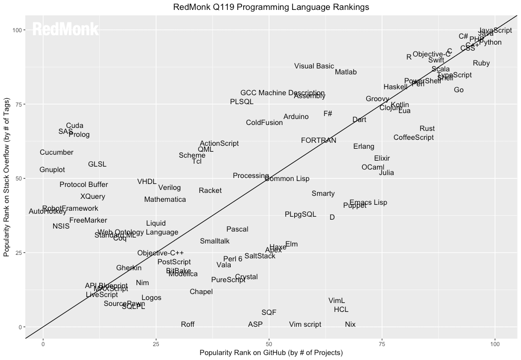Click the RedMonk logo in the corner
(65, 29)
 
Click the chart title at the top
(271, 7)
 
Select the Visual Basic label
(314, 66)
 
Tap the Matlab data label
(346, 72)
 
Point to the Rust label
(427, 128)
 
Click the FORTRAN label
(319, 140)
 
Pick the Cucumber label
(57, 152)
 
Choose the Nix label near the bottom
(350, 324)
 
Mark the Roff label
(188, 324)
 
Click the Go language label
(458, 90)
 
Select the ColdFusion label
(264, 122)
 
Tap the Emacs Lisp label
(368, 202)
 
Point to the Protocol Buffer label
(84, 184)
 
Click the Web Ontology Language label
(138, 232)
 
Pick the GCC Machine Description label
(282, 93)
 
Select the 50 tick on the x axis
(269, 344)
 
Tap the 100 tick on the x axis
(495, 344)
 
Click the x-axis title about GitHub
(271, 353)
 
